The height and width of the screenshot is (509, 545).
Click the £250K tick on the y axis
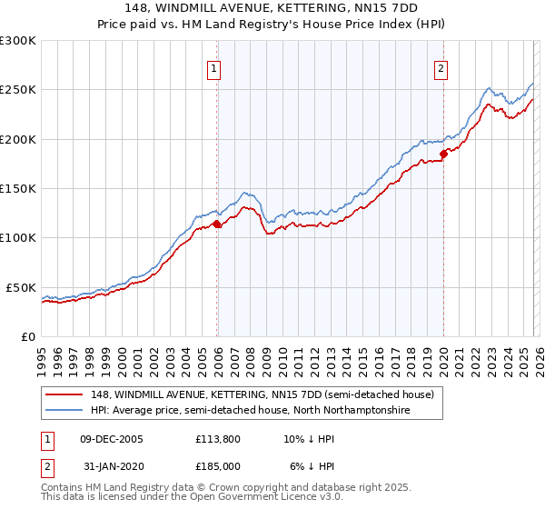point(18,90)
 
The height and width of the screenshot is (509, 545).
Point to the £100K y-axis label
point(18,237)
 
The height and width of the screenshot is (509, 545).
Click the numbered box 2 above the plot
point(441,67)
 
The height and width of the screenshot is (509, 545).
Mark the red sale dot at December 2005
point(217,224)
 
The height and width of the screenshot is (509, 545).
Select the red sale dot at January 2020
point(444,154)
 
